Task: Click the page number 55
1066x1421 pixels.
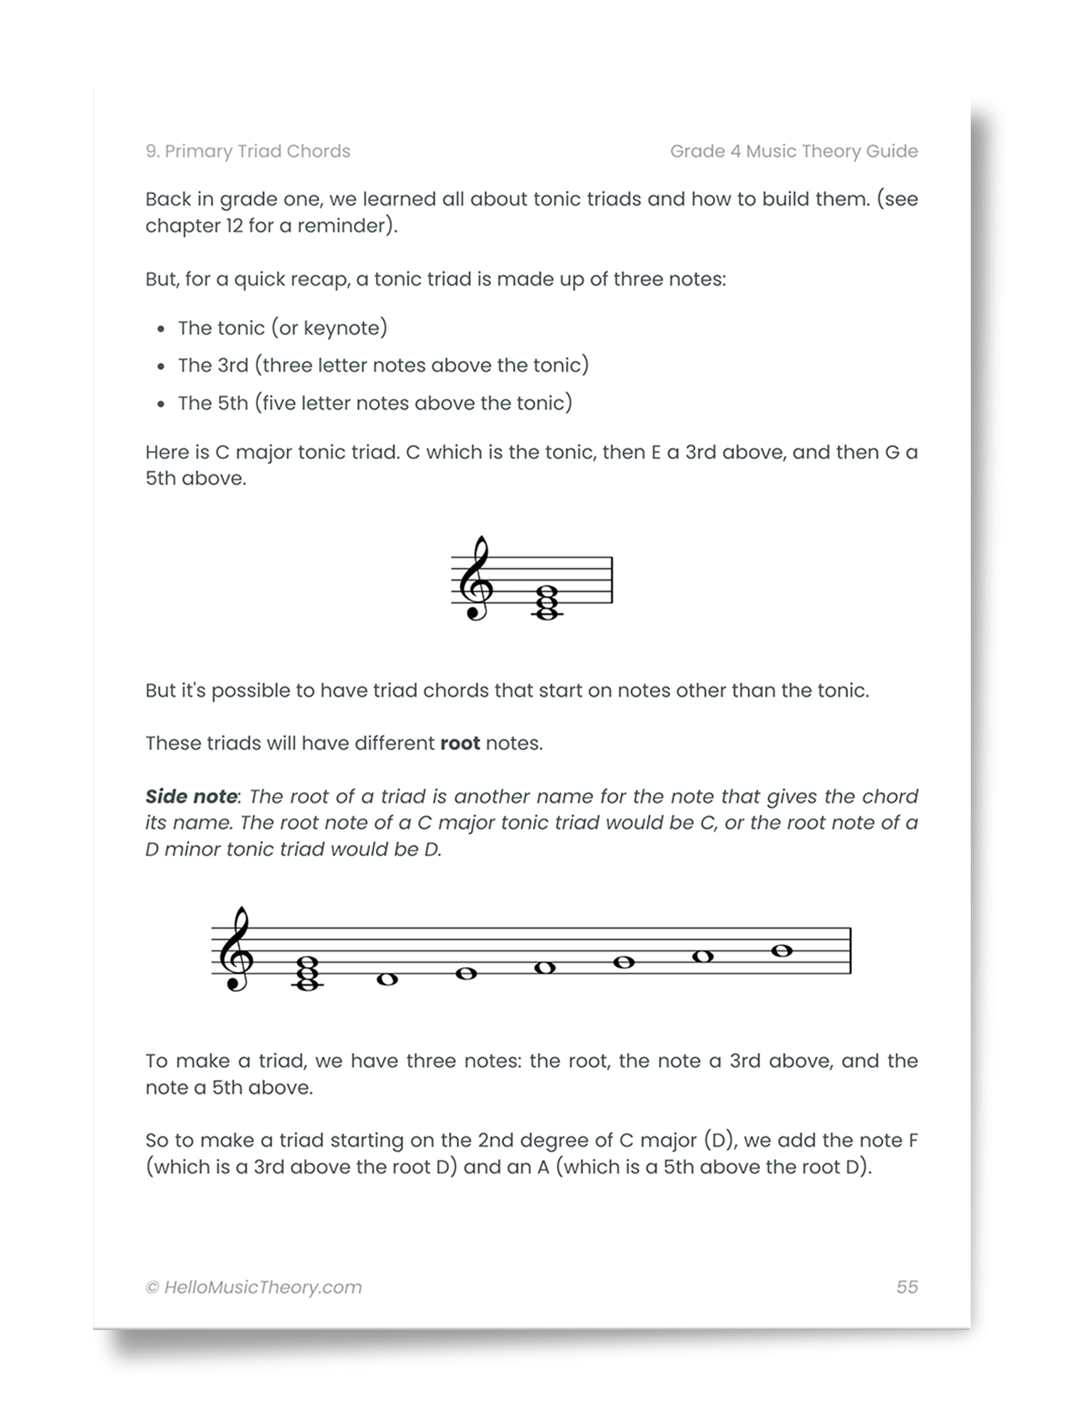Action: tap(907, 1287)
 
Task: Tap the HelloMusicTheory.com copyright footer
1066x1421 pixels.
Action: tap(254, 1287)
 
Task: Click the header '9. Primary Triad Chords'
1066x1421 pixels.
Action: tap(248, 151)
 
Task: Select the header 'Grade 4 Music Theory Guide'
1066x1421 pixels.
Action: tap(794, 151)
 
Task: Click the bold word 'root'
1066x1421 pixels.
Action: tap(460, 743)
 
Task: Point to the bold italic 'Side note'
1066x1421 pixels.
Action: tap(191, 796)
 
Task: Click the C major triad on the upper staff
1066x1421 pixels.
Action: tap(547, 602)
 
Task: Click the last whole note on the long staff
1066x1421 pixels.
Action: tap(782, 951)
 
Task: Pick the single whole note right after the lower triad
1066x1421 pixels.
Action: tap(387, 980)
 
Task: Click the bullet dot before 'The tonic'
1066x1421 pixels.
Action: tap(161, 329)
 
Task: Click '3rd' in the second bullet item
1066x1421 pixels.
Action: tap(232, 365)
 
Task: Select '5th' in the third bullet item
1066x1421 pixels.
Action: tap(232, 403)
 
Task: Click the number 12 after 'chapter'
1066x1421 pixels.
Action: tap(233, 226)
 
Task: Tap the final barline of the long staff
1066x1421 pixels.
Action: tap(851, 951)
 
